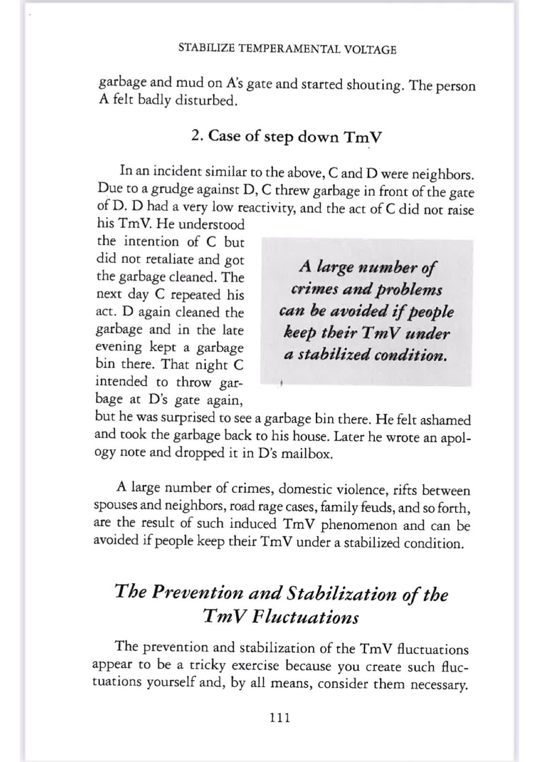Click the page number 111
[280, 718]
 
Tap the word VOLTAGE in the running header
[370, 50]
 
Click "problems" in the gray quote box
[409, 291]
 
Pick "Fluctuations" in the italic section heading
[305, 618]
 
